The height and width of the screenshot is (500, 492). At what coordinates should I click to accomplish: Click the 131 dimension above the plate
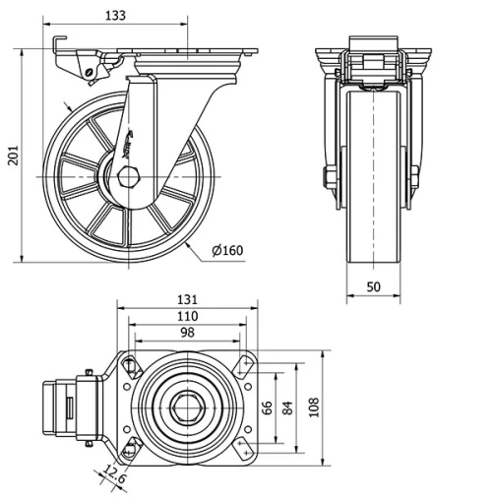click(187, 299)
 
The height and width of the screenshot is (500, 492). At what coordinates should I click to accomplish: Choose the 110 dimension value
click(187, 316)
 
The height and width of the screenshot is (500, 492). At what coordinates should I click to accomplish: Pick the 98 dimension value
click(187, 334)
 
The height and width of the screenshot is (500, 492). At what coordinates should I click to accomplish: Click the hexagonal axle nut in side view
click(129, 177)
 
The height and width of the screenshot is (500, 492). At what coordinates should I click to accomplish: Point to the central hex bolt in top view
click(187, 406)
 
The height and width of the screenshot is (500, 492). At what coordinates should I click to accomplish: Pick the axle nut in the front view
click(331, 178)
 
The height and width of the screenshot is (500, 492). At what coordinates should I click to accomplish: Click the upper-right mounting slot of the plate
click(244, 367)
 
